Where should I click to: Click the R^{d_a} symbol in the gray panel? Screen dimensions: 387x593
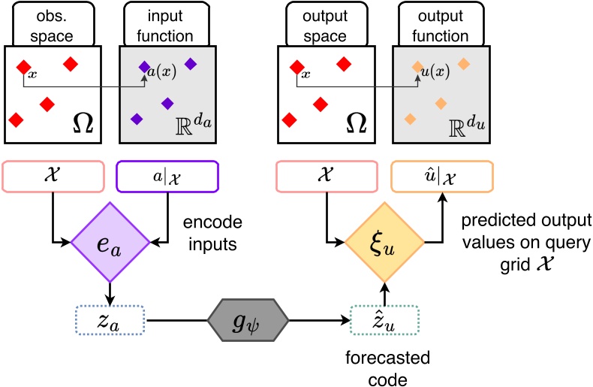191,124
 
